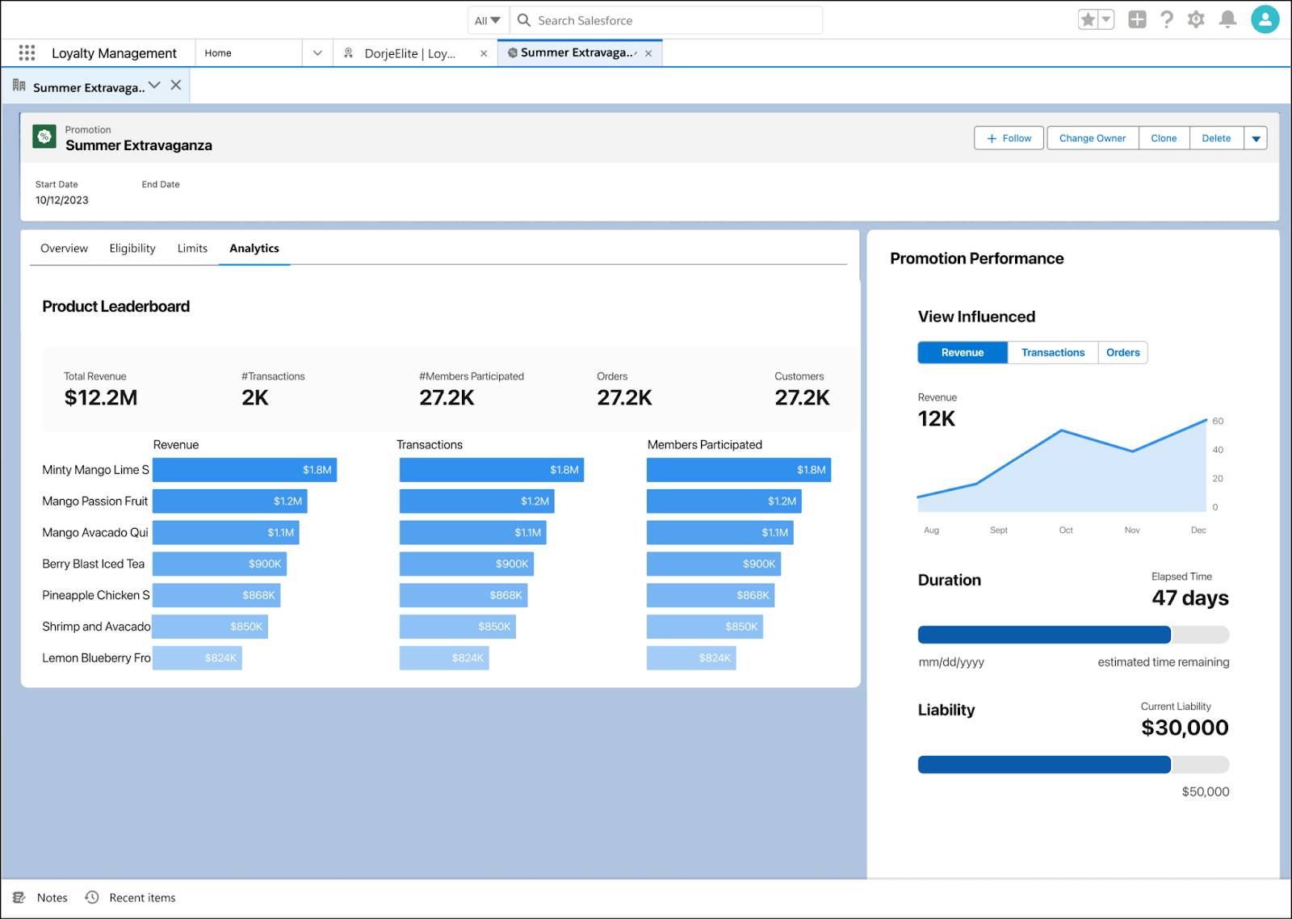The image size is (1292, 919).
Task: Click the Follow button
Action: pyautogui.click(x=1009, y=138)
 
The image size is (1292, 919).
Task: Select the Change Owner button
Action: pyautogui.click(x=1093, y=138)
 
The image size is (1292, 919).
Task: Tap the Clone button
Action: pyautogui.click(x=1164, y=138)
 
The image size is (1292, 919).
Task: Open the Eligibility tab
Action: pyautogui.click(x=132, y=248)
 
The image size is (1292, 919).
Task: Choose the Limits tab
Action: pyautogui.click(x=192, y=248)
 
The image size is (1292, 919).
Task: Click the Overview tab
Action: pyautogui.click(x=64, y=248)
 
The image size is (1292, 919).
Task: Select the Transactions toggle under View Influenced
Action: pyautogui.click(x=1053, y=352)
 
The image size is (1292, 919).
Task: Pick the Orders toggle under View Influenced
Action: pyautogui.click(x=1122, y=352)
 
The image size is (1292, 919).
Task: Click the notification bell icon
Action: pyautogui.click(x=1227, y=19)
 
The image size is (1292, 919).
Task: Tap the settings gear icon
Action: pyautogui.click(x=1196, y=19)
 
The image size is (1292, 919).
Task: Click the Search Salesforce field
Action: pyautogui.click(x=666, y=21)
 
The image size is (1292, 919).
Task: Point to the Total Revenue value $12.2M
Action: pyautogui.click(x=101, y=397)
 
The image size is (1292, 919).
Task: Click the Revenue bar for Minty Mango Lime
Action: pyautogui.click(x=245, y=470)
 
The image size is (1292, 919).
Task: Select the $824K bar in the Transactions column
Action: pyautogui.click(x=444, y=657)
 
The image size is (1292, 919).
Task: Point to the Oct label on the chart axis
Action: pyautogui.click(x=1066, y=531)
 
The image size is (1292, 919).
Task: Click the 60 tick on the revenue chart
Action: pyautogui.click(x=1218, y=421)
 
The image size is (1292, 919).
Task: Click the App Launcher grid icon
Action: pyautogui.click(x=27, y=53)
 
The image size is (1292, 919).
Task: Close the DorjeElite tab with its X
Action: pyautogui.click(x=484, y=53)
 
